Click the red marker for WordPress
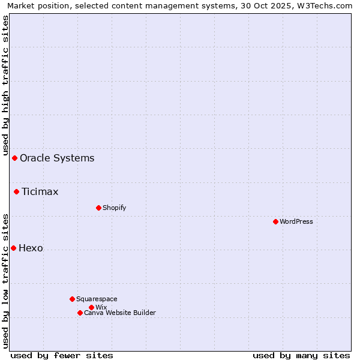(275, 221)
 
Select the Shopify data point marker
(98, 208)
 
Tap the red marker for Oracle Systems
(14, 158)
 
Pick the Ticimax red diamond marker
(16, 191)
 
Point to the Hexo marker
(13, 248)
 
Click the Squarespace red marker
(72, 299)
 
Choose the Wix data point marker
(91, 307)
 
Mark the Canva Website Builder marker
(80, 313)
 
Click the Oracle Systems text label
(57, 158)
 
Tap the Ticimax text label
(40, 192)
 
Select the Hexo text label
(31, 248)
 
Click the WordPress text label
(296, 221)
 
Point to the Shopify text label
(114, 208)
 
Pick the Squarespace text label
(97, 299)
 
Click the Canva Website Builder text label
(120, 313)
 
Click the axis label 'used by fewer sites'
(62, 355)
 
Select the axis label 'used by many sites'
(301, 355)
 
